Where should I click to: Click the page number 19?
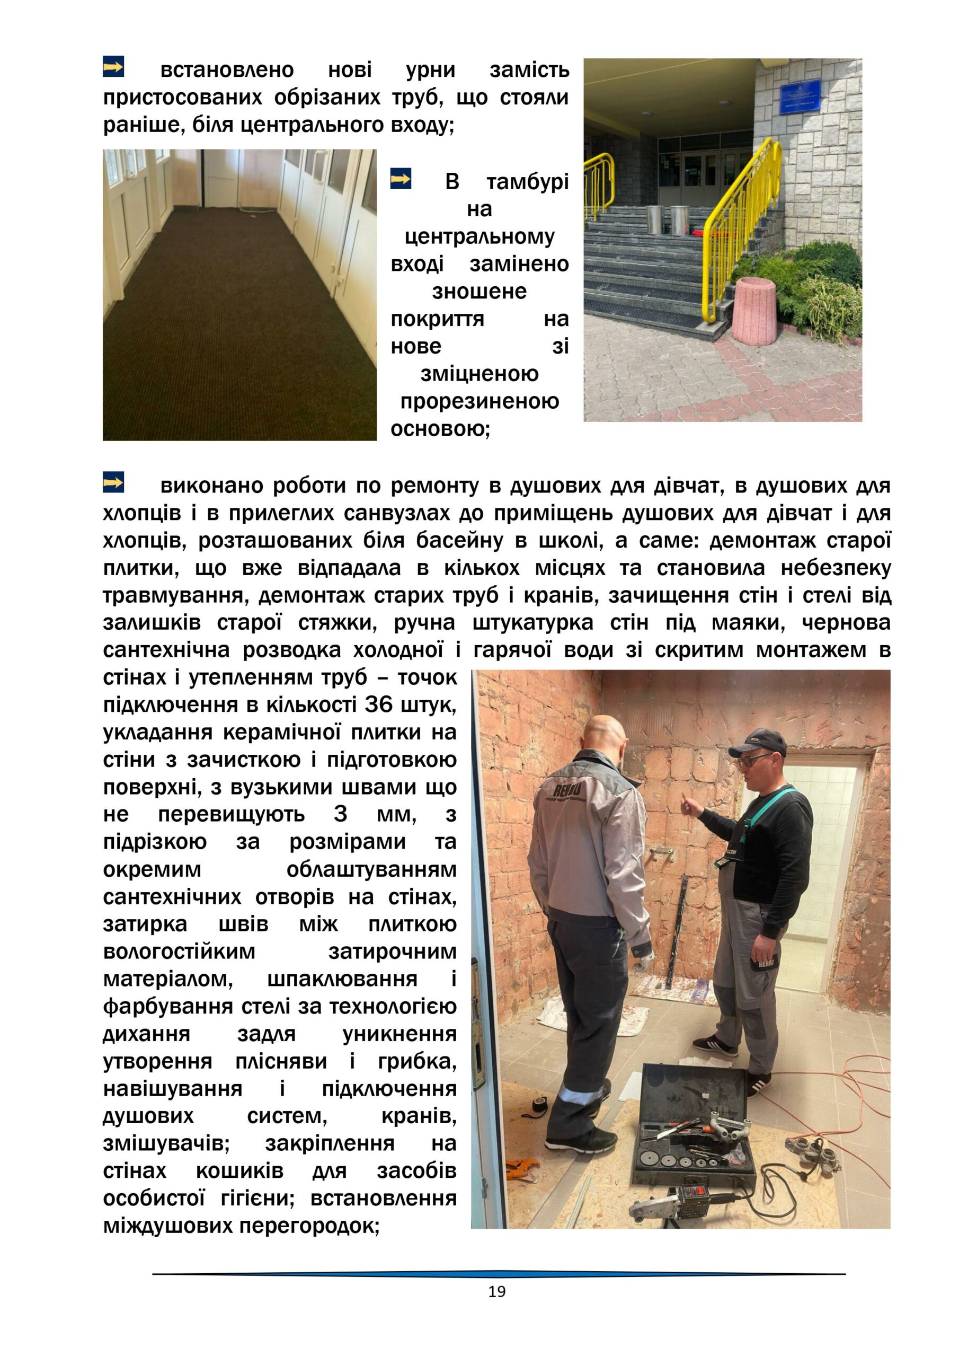(496, 1292)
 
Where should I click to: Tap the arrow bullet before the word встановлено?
(113, 67)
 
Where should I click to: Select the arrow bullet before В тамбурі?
(401, 179)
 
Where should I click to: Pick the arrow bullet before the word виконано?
(113, 482)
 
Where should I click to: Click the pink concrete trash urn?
(754, 310)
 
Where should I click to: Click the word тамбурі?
(527, 182)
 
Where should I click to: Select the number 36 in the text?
(379, 704)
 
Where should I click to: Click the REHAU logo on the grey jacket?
(566, 790)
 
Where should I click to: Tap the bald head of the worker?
(603, 733)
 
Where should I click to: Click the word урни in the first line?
(430, 70)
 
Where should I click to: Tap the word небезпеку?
(836, 568)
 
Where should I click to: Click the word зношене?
(479, 292)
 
